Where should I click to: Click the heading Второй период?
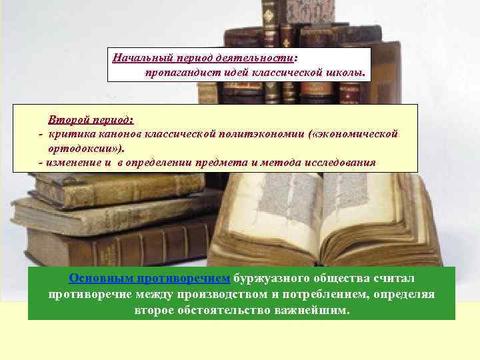pyautogui.click(x=90, y=120)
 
